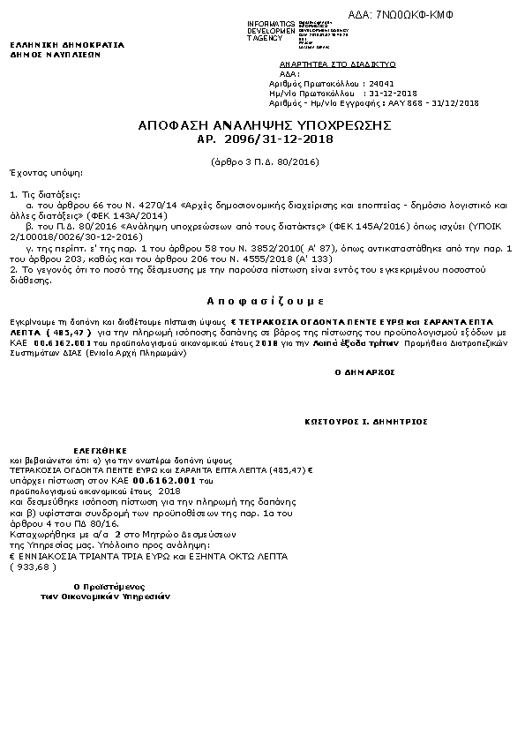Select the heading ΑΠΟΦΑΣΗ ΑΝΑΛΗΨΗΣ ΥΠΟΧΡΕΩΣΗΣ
pos(264,126)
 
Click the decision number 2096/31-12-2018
pos(279,139)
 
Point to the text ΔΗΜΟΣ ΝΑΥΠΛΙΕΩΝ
pos(55,54)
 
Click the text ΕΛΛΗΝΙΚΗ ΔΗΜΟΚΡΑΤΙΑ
pos(66,44)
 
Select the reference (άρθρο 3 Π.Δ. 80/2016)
pos(266,162)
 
